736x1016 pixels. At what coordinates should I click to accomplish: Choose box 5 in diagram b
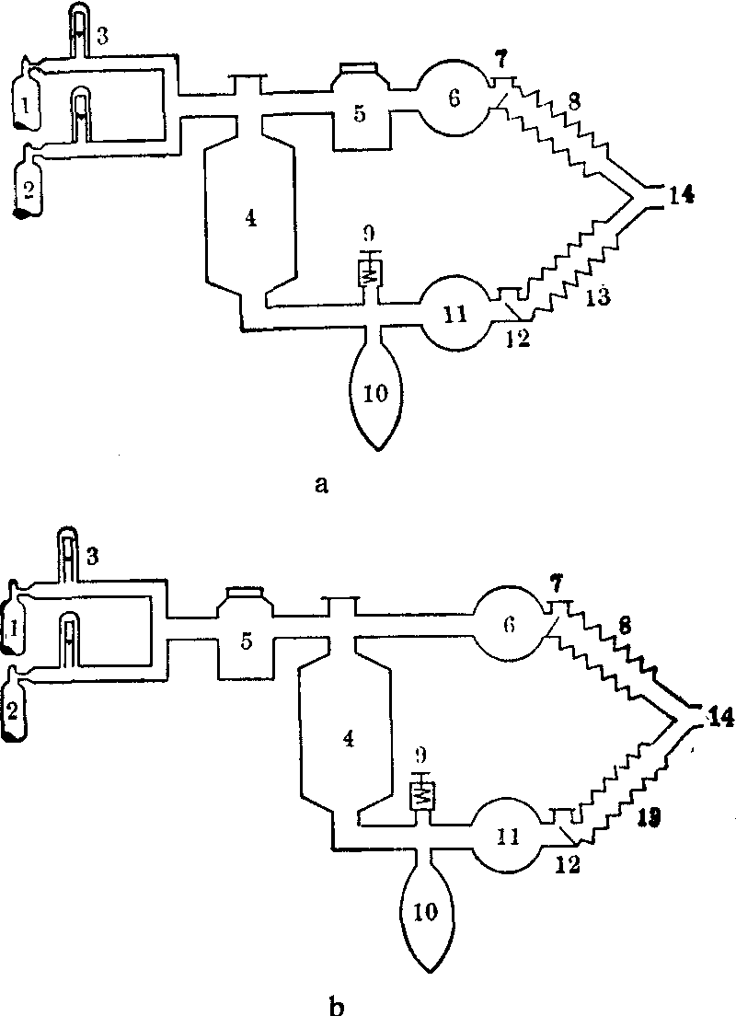point(244,641)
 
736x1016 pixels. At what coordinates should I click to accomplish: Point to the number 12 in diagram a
point(517,338)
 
